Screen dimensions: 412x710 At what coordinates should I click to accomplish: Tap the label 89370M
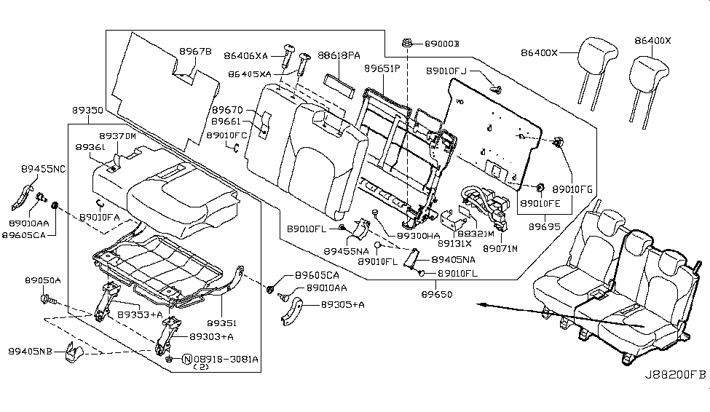(117, 136)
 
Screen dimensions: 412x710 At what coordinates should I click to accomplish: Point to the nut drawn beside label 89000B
(409, 45)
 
